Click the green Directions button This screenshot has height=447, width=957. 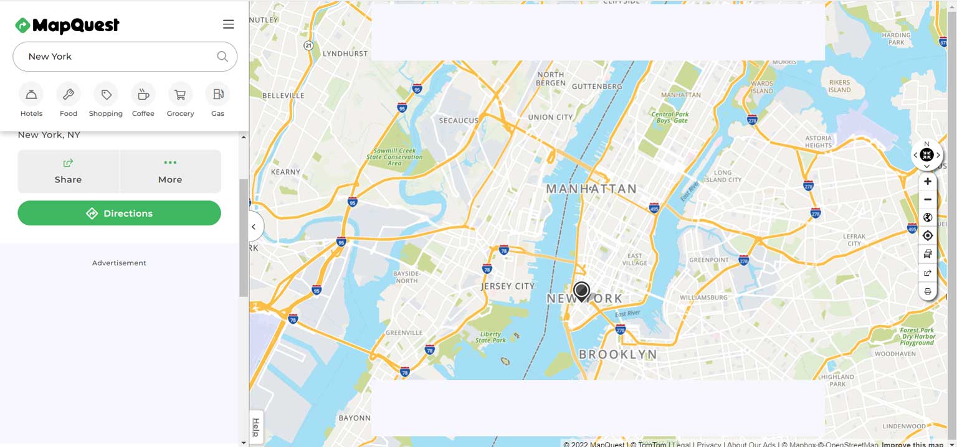pos(119,213)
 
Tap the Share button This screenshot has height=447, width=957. pos(68,171)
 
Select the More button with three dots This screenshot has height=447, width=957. pos(170,171)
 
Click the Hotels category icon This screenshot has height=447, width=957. pos(31,95)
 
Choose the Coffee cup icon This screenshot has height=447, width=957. pos(143,95)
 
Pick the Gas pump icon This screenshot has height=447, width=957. pos(217,95)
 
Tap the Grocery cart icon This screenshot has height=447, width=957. pos(180,95)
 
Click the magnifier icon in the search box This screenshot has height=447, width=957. pos(222,57)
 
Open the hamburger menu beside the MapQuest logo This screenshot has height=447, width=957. pos(229,24)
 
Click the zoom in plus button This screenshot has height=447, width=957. pos(928,181)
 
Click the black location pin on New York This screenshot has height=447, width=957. pos(581,291)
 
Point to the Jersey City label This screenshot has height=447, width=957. pos(508,286)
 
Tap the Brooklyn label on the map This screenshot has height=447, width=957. pos(617,355)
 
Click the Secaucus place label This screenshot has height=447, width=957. pos(459,120)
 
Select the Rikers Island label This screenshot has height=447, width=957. pos(839,86)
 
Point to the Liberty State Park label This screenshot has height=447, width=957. pos(490,337)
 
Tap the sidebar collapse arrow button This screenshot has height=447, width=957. pos(254,227)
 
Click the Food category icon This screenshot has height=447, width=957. pos(69,95)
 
